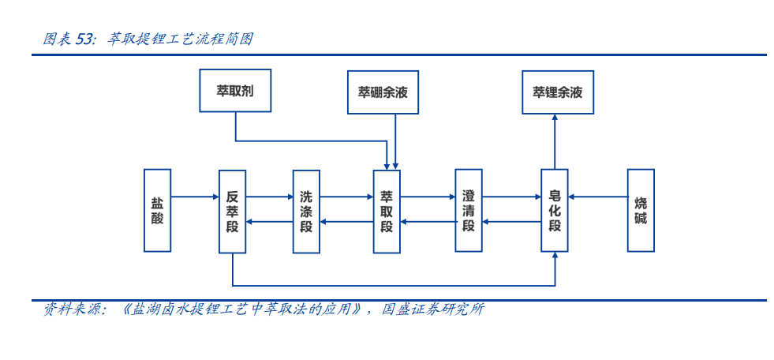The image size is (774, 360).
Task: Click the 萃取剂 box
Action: click(235, 90)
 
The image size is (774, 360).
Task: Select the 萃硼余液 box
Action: click(383, 92)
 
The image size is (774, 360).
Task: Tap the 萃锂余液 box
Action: click(558, 92)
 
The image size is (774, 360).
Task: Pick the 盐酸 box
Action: click(158, 210)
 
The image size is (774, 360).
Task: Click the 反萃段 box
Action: click(233, 212)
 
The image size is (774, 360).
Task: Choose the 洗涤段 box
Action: click(307, 212)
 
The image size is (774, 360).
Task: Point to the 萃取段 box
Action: click(387, 212)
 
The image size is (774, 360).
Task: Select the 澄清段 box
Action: click(469, 210)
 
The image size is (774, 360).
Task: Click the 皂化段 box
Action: click(555, 210)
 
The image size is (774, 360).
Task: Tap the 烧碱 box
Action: click(641, 210)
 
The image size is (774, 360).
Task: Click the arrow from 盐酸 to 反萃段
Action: click(195, 197)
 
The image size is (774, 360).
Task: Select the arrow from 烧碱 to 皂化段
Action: click(598, 197)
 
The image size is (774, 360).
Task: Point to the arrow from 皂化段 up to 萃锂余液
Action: click(555, 142)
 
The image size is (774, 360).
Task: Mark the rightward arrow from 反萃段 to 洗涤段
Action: click(270, 197)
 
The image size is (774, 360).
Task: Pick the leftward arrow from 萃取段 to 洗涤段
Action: click(346, 222)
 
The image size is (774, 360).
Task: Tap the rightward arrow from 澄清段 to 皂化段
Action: click(511, 197)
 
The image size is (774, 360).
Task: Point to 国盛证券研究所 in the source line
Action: click(433, 310)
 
